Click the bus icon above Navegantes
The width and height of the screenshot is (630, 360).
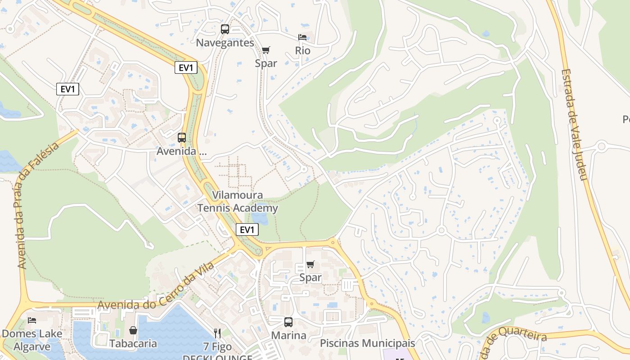point(225,29)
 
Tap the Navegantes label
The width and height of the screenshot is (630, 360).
point(225,43)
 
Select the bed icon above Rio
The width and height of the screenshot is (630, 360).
point(302,37)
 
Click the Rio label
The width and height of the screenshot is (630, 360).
point(303,50)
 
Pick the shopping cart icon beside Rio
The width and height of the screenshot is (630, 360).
point(266,49)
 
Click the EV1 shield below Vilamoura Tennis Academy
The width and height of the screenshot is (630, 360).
point(247,230)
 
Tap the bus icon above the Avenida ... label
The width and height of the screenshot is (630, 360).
point(182,138)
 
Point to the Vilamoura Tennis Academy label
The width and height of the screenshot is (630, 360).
point(238,202)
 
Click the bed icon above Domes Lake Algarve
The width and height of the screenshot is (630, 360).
point(31,320)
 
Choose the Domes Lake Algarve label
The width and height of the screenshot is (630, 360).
point(31,340)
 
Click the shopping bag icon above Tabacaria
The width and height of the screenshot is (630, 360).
point(133,330)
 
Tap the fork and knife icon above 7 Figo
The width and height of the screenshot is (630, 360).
point(217,333)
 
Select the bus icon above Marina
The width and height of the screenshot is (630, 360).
point(288,322)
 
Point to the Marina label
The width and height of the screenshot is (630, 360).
point(288,336)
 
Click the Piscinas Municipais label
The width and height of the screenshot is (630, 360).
point(367,343)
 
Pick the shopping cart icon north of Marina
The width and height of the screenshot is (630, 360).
point(310,264)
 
